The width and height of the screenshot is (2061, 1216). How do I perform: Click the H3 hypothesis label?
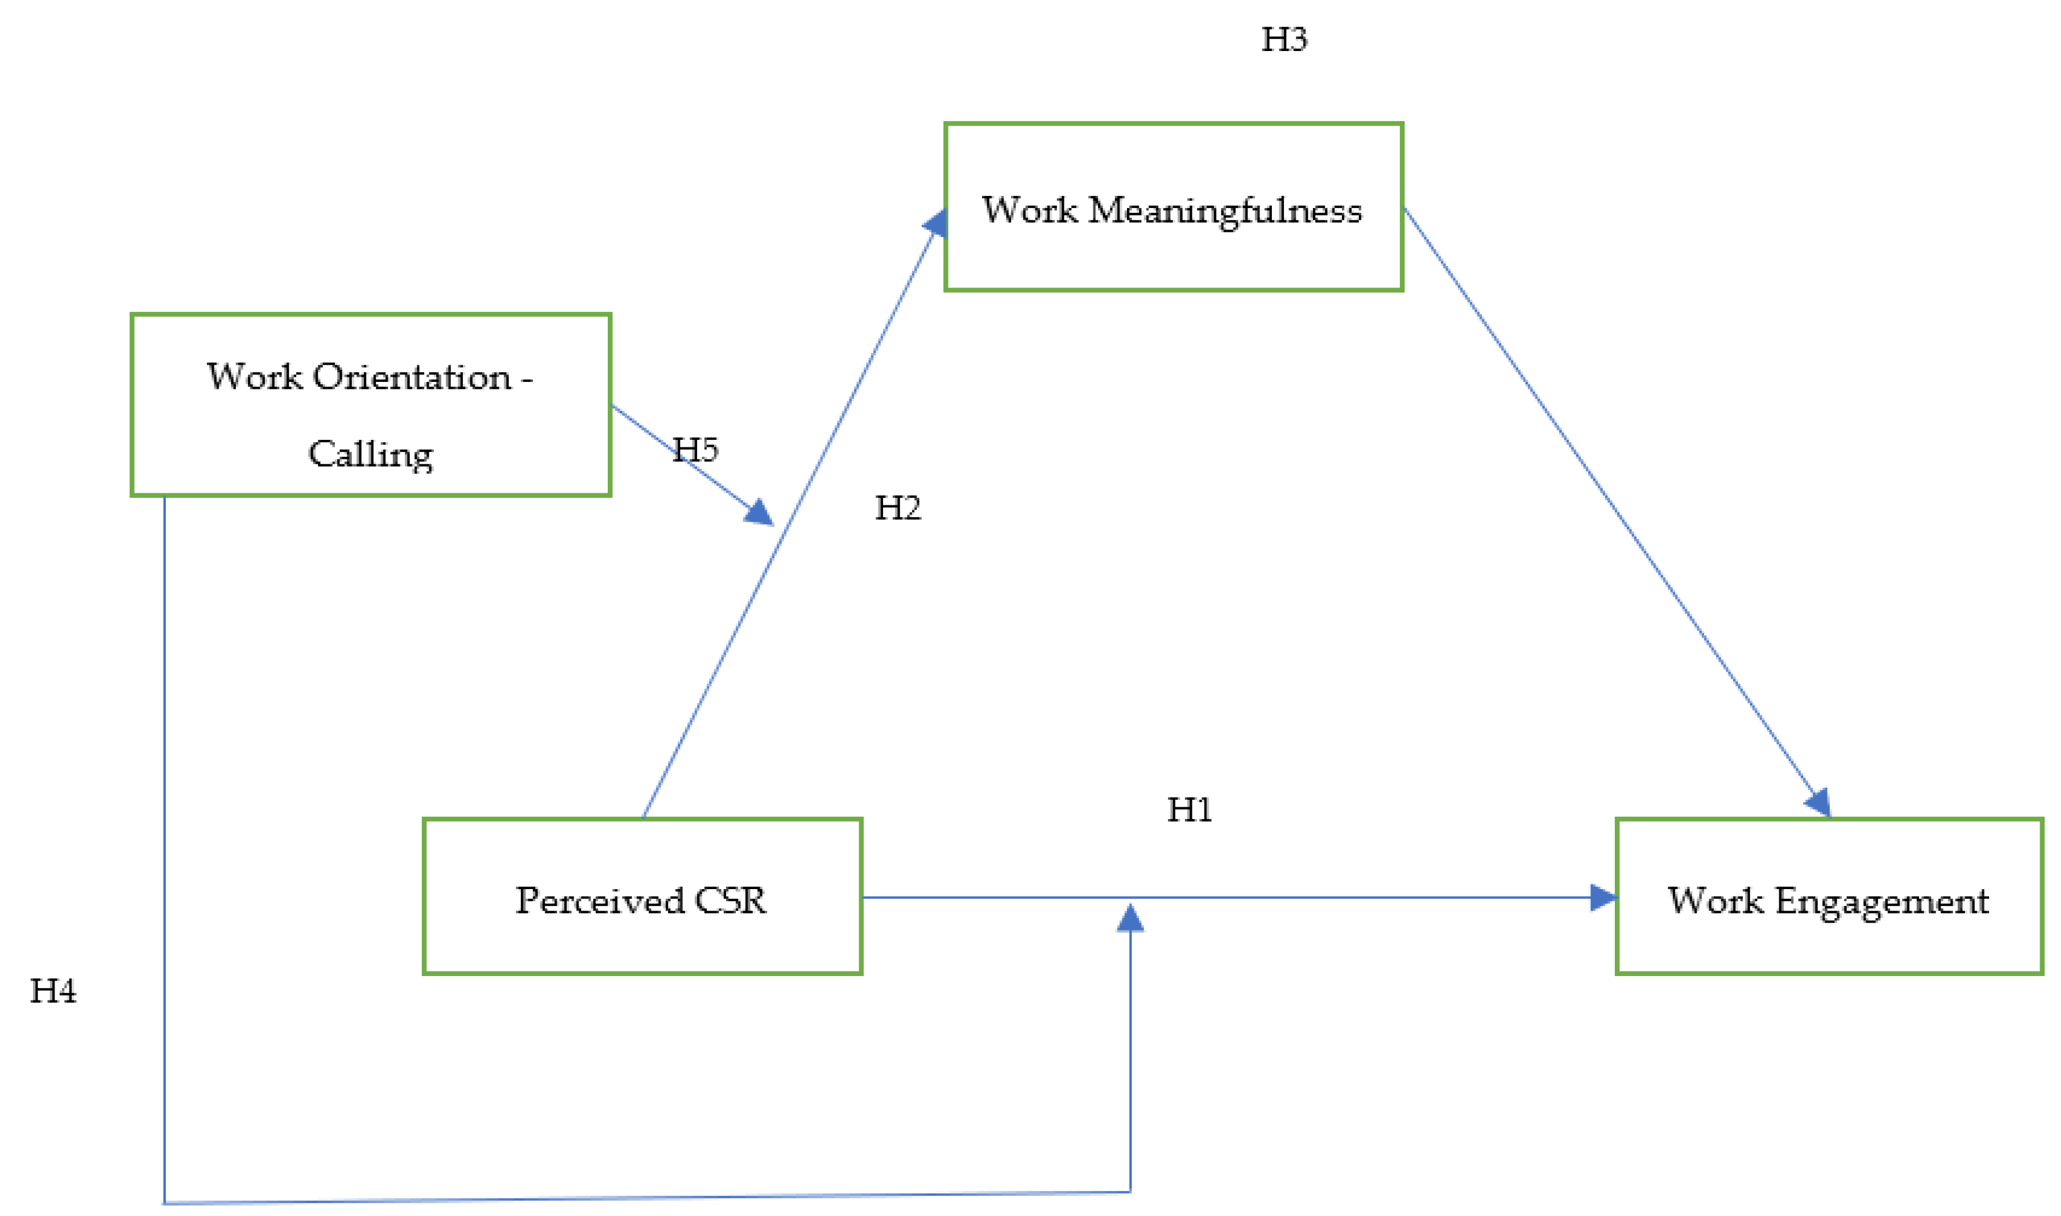[1283, 39]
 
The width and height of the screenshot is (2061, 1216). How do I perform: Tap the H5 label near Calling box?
[695, 449]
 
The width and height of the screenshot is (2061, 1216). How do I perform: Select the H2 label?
[898, 508]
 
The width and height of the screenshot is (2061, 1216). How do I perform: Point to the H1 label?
[1190, 810]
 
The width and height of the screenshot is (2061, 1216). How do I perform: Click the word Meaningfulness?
[1225, 210]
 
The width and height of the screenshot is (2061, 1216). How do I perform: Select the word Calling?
[370, 454]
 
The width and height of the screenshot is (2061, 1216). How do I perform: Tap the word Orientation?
[412, 377]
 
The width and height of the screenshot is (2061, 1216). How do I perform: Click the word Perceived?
[600, 901]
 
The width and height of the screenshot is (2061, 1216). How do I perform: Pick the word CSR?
[731, 901]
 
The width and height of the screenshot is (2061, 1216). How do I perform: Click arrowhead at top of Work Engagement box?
[1819, 802]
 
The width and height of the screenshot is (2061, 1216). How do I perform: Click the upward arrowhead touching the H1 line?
[1130, 918]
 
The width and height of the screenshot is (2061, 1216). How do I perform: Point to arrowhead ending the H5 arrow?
[760, 514]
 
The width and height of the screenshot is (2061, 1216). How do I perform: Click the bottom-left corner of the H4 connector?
[165, 1203]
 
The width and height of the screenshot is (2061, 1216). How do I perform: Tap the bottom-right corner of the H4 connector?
[1130, 1192]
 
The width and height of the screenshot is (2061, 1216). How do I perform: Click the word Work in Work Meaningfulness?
[1029, 210]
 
